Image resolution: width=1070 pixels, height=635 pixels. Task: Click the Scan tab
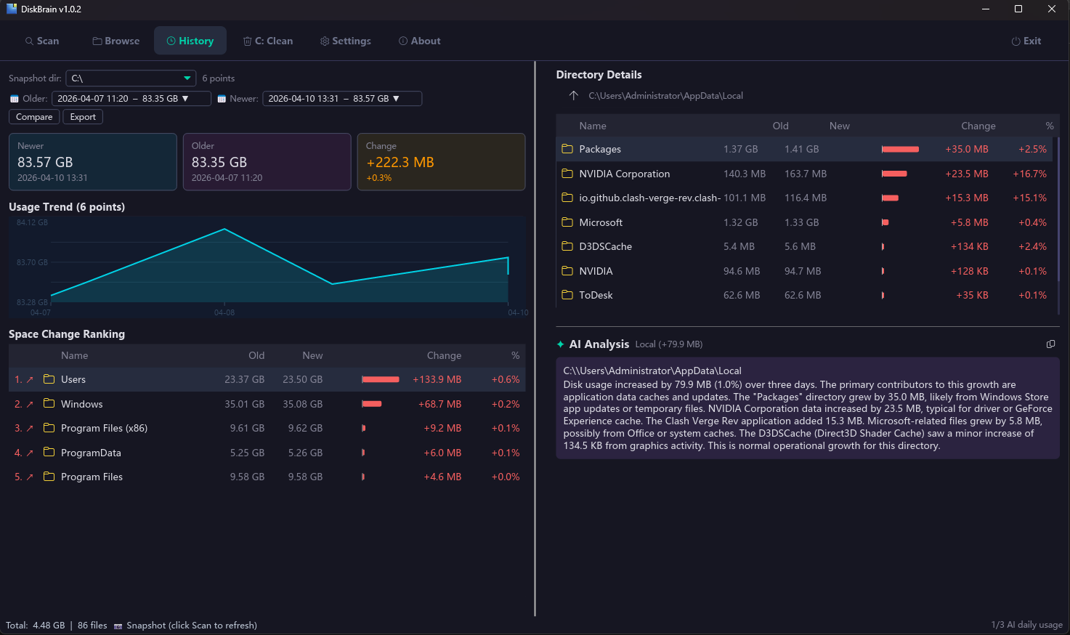(42, 41)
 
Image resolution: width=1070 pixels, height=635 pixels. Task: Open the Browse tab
(116, 41)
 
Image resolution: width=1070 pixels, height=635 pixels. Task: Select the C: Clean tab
(268, 41)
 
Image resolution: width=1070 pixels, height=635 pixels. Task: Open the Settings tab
(346, 41)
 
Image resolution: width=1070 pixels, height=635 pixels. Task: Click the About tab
(420, 41)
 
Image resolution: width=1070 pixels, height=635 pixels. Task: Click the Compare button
(34, 117)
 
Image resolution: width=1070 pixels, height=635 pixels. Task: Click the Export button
(83, 117)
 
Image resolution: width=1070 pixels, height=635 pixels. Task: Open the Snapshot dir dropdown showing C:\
(131, 78)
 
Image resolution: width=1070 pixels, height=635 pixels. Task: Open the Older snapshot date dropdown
(131, 99)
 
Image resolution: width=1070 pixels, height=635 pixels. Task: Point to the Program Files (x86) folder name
(104, 428)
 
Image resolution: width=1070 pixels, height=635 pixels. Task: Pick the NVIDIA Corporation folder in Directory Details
(624, 174)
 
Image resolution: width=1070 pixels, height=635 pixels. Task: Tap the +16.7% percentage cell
(1029, 174)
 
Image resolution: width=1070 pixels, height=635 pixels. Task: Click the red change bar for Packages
(900, 149)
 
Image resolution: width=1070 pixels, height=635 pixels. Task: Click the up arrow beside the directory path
(574, 95)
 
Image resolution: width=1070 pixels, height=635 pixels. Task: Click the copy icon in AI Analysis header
(1050, 344)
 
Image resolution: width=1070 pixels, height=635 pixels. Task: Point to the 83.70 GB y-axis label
(32, 262)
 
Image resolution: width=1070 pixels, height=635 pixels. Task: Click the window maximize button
(1018, 9)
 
